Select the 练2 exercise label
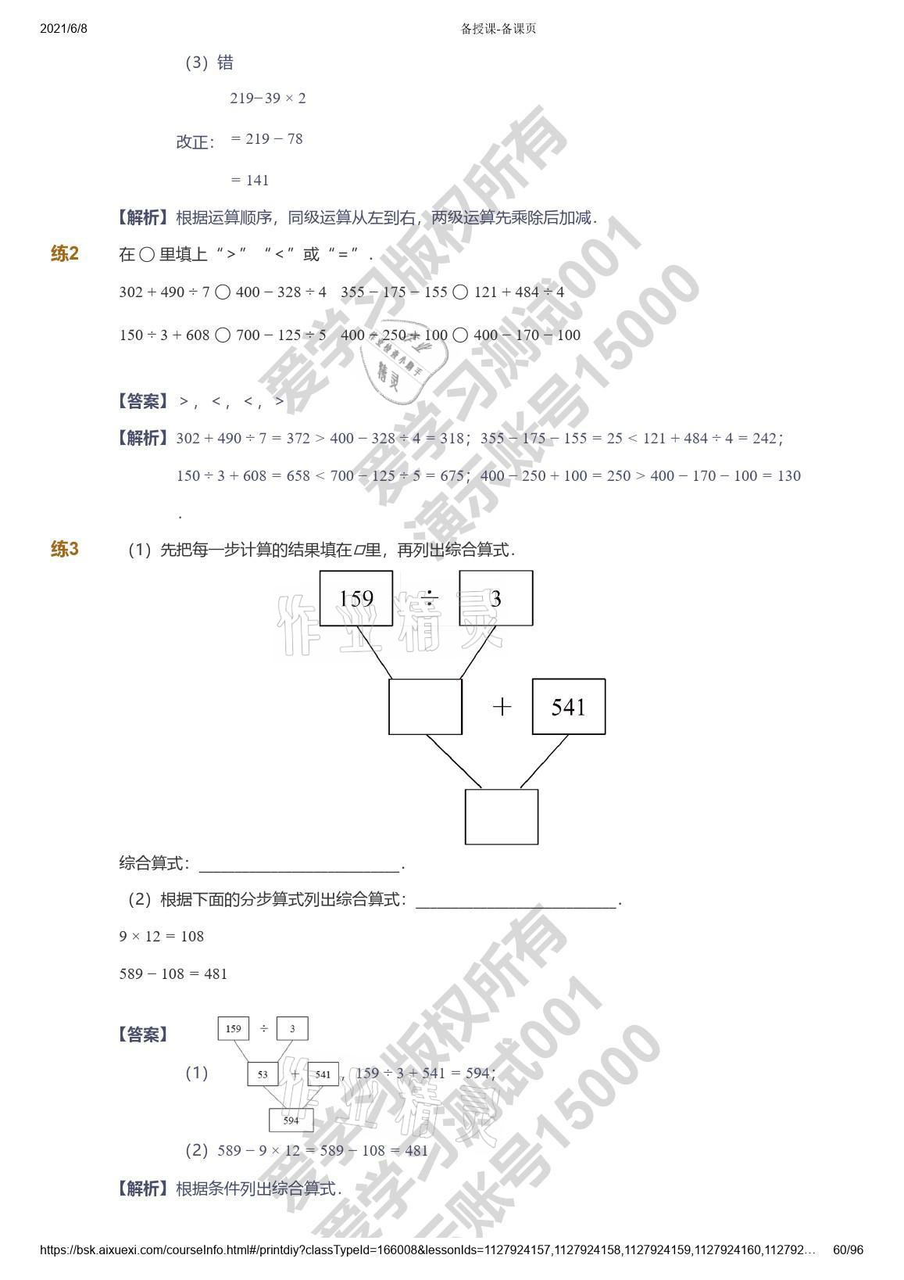click(x=65, y=253)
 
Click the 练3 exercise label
click(x=65, y=549)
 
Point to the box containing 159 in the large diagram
click(x=356, y=598)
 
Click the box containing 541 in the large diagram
click(x=568, y=707)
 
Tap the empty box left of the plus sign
click(x=425, y=707)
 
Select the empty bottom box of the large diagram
click(x=502, y=816)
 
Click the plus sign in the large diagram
click(x=502, y=707)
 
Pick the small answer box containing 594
click(x=291, y=1120)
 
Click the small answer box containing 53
click(x=262, y=1074)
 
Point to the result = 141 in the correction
click(x=250, y=181)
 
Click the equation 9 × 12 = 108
click(x=162, y=936)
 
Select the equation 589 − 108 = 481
click(x=173, y=973)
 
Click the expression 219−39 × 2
click(x=268, y=99)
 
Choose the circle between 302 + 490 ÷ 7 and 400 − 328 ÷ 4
click(x=223, y=292)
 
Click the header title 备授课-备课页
click(x=498, y=29)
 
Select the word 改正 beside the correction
click(x=193, y=142)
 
